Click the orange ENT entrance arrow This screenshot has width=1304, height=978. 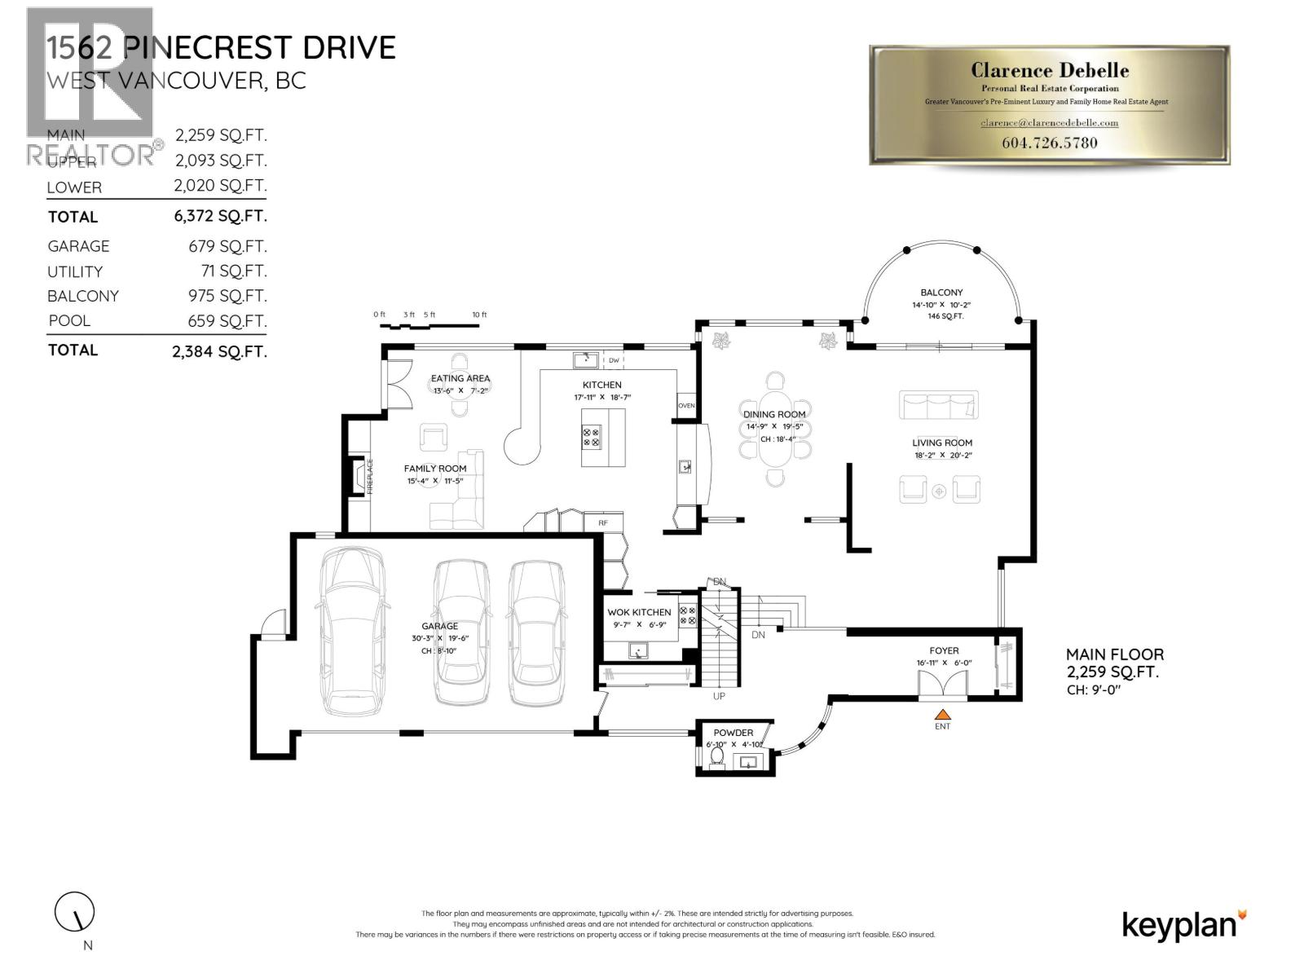click(942, 714)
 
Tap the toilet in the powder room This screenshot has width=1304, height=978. click(717, 757)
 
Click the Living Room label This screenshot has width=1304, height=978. click(942, 443)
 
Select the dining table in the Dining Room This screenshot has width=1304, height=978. click(775, 428)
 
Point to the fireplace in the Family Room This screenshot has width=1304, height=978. click(357, 477)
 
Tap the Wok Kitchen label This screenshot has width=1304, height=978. click(639, 612)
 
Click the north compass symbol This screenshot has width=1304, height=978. click(75, 913)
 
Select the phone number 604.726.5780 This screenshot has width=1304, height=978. click(1049, 143)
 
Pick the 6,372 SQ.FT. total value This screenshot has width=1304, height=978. click(220, 216)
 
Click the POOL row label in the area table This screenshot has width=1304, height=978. click(69, 321)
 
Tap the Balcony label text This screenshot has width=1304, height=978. click(941, 292)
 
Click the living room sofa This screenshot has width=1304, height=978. click(938, 405)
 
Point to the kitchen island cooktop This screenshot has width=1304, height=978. click(592, 438)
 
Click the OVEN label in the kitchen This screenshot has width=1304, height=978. click(686, 405)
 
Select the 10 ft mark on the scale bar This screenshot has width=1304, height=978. click(479, 315)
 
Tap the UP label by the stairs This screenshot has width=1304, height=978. click(719, 696)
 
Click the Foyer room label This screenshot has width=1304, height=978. click(944, 650)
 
